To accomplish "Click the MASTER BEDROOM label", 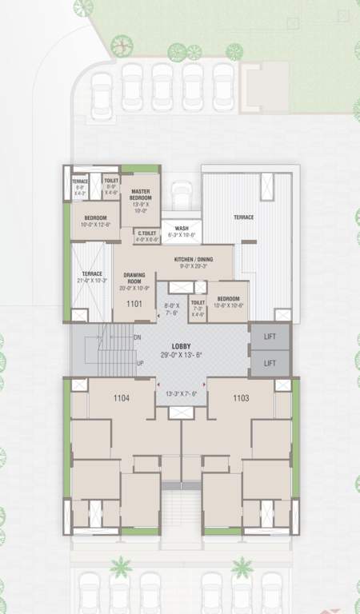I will [141, 194].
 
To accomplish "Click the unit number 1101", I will [133, 304].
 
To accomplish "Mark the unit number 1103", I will [242, 397].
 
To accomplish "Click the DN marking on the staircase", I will [137, 337].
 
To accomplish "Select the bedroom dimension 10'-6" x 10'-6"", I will [229, 305].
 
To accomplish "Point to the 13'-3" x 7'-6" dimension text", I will [180, 394].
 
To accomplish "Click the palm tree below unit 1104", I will [121, 567].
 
